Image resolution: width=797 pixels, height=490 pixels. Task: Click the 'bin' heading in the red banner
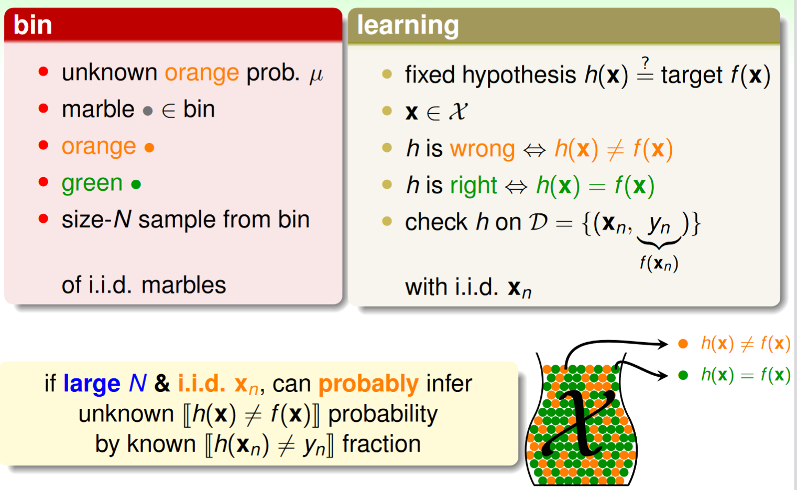tap(32, 25)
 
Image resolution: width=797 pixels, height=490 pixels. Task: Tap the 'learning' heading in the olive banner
tap(408, 26)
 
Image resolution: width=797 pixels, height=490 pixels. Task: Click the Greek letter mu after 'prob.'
tap(316, 75)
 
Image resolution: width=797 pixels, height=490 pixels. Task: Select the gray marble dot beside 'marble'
tap(148, 111)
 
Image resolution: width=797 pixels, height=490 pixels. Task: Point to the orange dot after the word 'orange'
tap(149, 147)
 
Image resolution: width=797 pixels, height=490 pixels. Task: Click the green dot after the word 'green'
tap(136, 184)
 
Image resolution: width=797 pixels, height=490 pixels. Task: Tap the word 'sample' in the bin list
tap(177, 220)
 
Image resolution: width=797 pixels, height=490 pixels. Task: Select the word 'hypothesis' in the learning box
tap(519, 75)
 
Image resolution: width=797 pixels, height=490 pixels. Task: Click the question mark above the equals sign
tap(646, 63)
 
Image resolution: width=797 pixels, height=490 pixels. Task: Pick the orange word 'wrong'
tap(483, 149)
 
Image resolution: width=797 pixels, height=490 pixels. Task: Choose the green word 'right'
tap(474, 186)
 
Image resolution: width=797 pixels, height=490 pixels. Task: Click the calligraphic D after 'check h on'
tap(538, 222)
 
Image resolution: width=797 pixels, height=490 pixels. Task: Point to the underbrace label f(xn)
tap(659, 263)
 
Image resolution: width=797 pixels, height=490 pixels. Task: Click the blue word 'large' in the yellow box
tap(92, 384)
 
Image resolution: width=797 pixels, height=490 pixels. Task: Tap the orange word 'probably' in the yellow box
tap(368, 384)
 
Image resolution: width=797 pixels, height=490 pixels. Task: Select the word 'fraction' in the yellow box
tap(381, 444)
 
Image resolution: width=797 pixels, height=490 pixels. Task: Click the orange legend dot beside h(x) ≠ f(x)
tap(683, 344)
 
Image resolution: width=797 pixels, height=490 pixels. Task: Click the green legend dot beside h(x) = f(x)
tap(683, 375)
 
